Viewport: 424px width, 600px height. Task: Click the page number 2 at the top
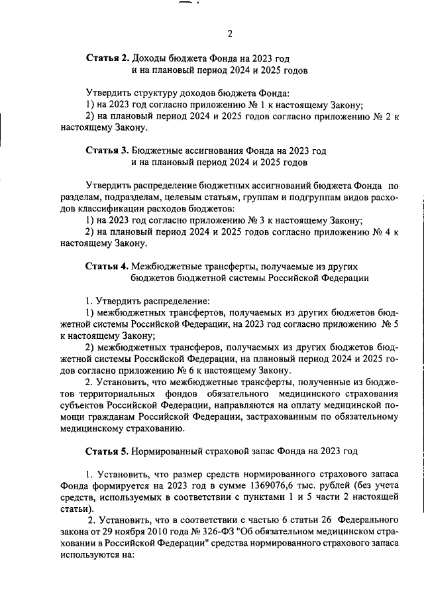[229, 34]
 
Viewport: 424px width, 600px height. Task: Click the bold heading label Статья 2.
[108, 58]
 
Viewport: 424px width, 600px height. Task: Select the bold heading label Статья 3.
[108, 150]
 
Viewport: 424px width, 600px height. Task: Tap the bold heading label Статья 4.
[108, 266]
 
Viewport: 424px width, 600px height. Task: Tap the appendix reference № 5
[388, 324]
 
